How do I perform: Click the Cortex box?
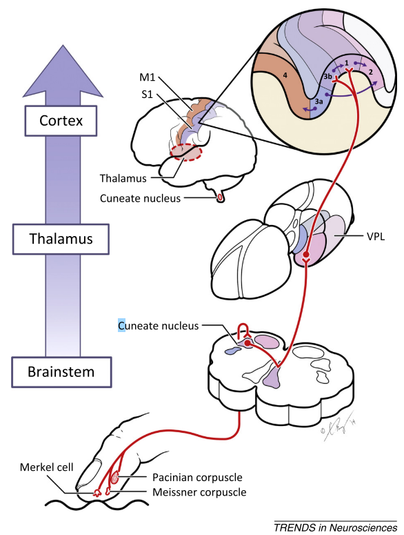(61, 121)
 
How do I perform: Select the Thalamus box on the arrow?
(61, 239)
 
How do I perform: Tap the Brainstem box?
(61, 372)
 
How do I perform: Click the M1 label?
(147, 77)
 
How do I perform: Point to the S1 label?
(147, 94)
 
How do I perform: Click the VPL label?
(376, 237)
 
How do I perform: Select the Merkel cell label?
(47, 467)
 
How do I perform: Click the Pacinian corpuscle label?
(197, 477)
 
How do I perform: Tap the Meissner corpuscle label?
(199, 492)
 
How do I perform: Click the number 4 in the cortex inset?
(285, 75)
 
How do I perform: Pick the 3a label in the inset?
(319, 101)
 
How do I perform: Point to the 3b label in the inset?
(327, 77)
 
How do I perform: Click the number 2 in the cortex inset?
(371, 72)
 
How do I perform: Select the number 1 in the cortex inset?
(347, 63)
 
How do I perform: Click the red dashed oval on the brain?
(186, 152)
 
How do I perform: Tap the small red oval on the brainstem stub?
(220, 197)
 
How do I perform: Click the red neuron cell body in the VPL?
(306, 254)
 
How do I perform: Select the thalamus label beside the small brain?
(123, 178)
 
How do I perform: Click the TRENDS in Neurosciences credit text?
(335, 527)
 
